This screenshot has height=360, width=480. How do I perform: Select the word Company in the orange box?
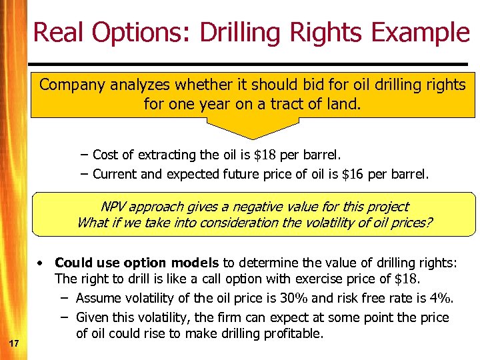click(x=69, y=85)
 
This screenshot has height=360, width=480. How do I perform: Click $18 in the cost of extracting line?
click(x=266, y=155)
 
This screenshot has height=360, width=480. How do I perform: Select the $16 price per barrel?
click(x=352, y=175)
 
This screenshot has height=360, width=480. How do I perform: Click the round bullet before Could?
click(x=41, y=263)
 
